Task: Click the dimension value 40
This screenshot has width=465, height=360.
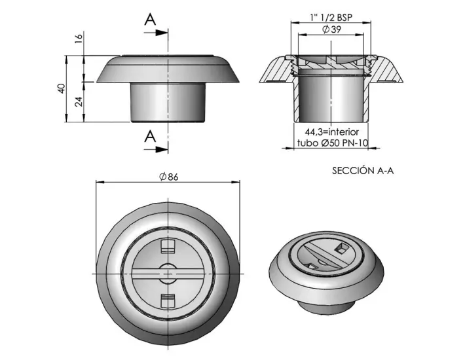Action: [x=60, y=88]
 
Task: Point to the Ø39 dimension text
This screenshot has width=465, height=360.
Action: [x=330, y=30]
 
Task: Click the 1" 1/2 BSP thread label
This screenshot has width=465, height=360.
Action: [x=331, y=18]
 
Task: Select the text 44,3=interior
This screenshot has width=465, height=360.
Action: [x=331, y=132]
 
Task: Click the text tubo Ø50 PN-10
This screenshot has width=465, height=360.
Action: [x=331, y=143]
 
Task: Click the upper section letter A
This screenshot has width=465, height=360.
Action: [x=151, y=19]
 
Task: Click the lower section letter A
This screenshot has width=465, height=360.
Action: [x=151, y=136]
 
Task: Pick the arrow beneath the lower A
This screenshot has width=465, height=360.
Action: [x=157, y=149]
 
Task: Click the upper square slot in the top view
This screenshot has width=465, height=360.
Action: [x=168, y=246]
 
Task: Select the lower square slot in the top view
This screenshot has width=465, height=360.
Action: [x=168, y=300]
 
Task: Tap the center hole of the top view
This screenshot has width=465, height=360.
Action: [x=168, y=272]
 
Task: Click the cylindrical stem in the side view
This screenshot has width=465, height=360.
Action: [x=168, y=101]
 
